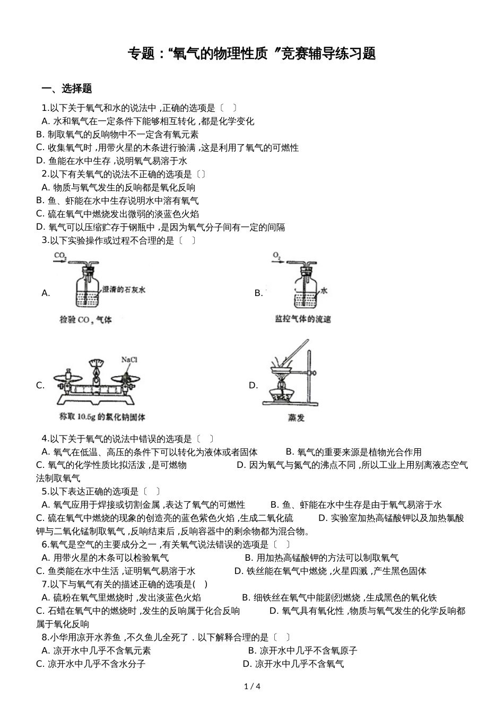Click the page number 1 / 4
click(x=252, y=686)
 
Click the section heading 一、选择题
click(x=67, y=89)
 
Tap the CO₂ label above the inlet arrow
click(x=60, y=256)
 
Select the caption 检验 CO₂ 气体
click(x=86, y=320)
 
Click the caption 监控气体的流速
click(x=303, y=319)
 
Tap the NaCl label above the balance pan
click(x=129, y=360)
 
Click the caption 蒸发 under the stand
click(x=296, y=418)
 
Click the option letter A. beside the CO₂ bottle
click(x=46, y=293)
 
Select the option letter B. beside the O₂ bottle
click(x=258, y=293)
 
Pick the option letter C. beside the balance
click(x=40, y=385)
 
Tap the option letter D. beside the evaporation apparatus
click(x=253, y=385)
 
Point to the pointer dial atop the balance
click(x=96, y=363)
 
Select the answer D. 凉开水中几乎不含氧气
click(x=293, y=664)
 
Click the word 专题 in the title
click(x=140, y=54)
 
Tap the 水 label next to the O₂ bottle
click(x=324, y=291)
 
